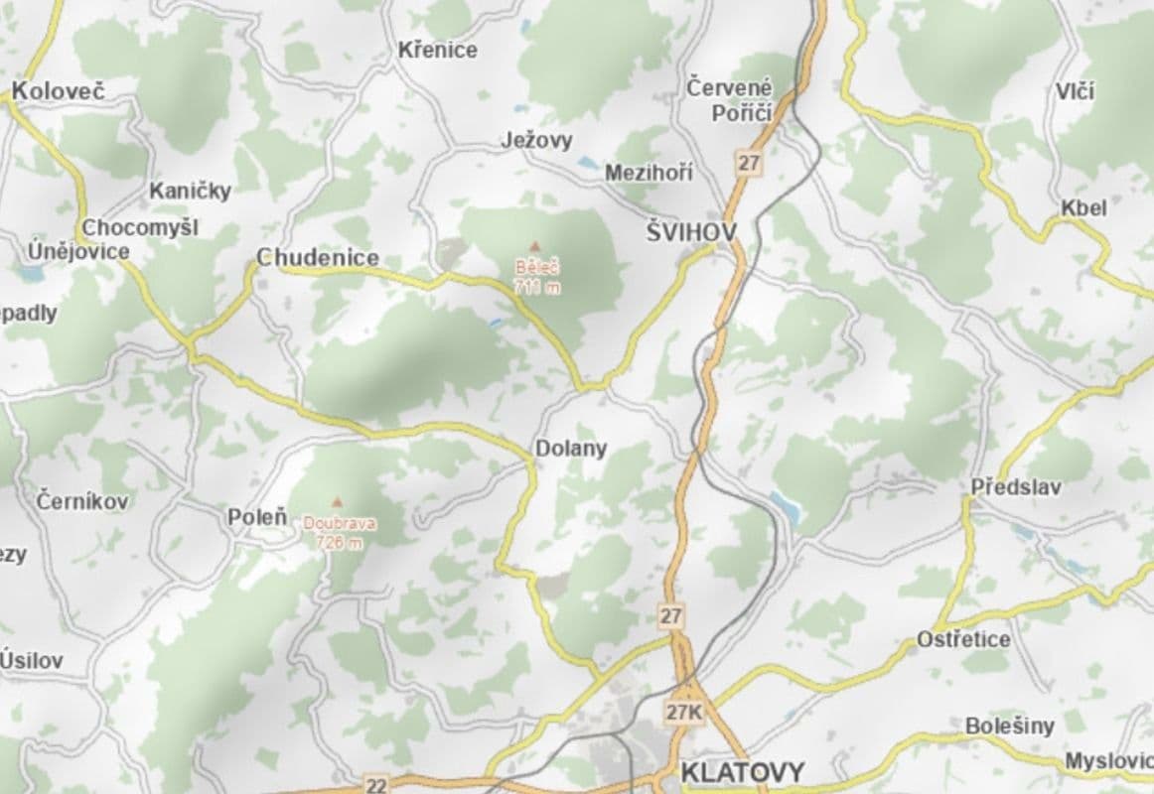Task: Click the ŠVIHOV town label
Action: tap(691, 232)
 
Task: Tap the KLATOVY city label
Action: tap(743, 771)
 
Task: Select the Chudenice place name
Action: tap(318, 258)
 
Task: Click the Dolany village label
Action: tap(571, 449)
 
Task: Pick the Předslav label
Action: tap(1016, 487)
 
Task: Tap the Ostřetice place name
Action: tap(963, 639)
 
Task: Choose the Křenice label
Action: tap(438, 50)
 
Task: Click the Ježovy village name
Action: tap(536, 141)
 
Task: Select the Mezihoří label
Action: tap(649, 173)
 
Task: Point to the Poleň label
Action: tap(257, 517)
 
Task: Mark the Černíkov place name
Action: tap(82, 501)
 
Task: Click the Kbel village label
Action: tap(1083, 208)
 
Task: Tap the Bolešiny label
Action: tap(1010, 727)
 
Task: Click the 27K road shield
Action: tap(684, 713)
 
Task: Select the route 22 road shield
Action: tap(375, 785)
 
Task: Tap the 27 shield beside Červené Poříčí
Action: tap(748, 162)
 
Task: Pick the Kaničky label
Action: tap(191, 191)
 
